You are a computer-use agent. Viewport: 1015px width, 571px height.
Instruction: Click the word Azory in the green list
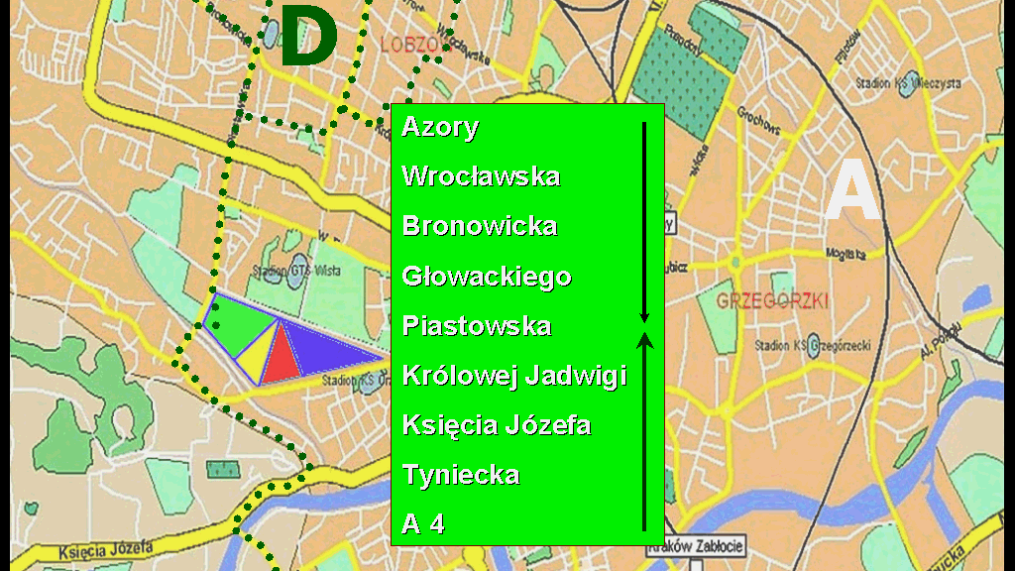[440, 127]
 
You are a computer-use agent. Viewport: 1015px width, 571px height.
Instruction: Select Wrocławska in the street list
[481, 176]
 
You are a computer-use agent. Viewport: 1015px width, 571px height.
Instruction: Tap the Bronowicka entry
[480, 226]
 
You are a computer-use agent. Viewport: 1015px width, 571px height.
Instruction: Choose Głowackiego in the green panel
[487, 276]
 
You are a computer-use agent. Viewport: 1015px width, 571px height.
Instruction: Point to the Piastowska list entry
[477, 326]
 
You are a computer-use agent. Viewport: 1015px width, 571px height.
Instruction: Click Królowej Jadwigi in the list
[514, 376]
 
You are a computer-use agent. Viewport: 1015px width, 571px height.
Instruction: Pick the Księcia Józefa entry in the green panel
[497, 425]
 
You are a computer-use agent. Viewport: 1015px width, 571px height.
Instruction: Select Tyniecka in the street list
[461, 475]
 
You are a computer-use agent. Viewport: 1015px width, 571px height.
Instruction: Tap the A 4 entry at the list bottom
[423, 524]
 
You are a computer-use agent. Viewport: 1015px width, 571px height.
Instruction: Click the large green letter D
[308, 38]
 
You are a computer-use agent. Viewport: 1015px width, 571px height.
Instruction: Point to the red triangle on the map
[282, 358]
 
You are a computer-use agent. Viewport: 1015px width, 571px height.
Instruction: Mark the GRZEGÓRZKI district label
[771, 300]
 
